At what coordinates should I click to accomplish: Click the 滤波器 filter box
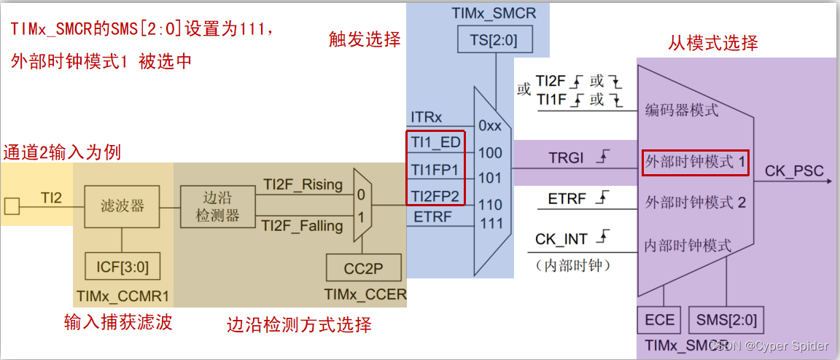tap(122, 206)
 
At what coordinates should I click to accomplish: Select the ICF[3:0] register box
tap(122, 265)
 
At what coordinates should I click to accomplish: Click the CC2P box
tap(364, 269)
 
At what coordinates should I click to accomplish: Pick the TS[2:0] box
tap(495, 41)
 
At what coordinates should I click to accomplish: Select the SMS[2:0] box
tap(726, 321)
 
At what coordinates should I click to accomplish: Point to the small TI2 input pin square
tap(11, 206)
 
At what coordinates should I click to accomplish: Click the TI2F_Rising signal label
tap(303, 185)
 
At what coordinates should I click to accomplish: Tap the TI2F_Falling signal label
tap(303, 226)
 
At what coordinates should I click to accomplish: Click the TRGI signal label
tap(564, 159)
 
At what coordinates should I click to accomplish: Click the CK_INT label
tap(561, 239)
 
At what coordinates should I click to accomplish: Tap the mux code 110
tap(491, 205)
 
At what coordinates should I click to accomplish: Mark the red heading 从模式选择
tap(712, 42)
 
